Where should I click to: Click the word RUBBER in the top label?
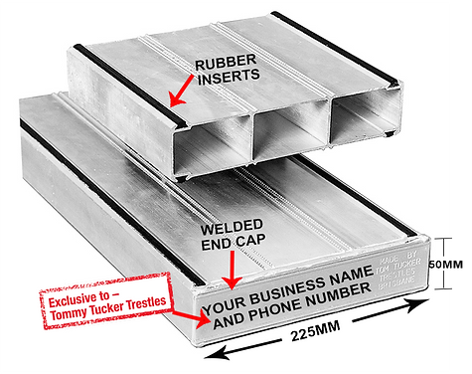click(224, 65)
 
